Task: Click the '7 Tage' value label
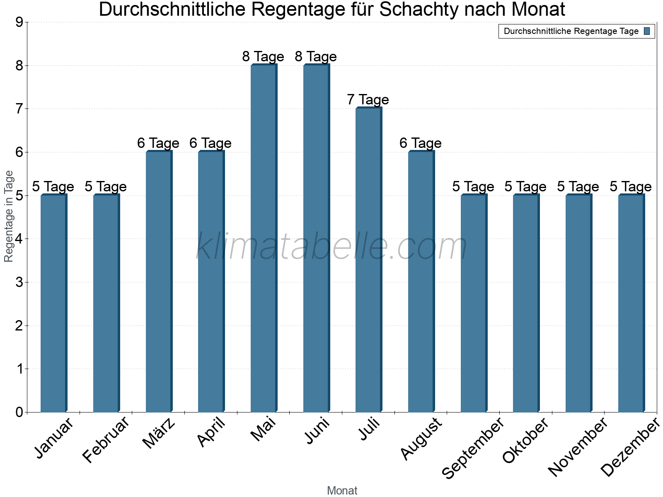pos(368,100)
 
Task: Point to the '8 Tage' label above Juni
pos(316,56)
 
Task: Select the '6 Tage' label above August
pos(421,143)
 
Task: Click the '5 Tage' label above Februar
pos(106,187)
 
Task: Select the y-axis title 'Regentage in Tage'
pos(9,216)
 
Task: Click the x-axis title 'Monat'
pos(342,490)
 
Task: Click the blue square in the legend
pos(647,31)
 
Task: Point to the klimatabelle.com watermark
pos(331,246)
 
